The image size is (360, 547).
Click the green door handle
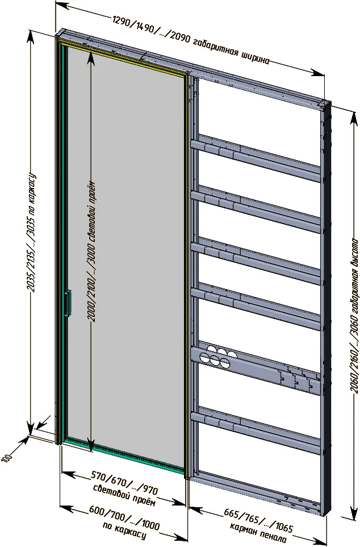(68, 303)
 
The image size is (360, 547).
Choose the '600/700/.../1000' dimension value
(124, 516)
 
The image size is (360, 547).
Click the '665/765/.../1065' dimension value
(258, 520)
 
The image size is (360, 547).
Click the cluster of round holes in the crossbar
(214, 356)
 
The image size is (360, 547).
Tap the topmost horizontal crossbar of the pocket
(255, 157)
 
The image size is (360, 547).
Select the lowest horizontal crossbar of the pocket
(255, 429)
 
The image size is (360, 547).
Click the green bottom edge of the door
(124, 454)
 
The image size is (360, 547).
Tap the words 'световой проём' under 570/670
(124, 496)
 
